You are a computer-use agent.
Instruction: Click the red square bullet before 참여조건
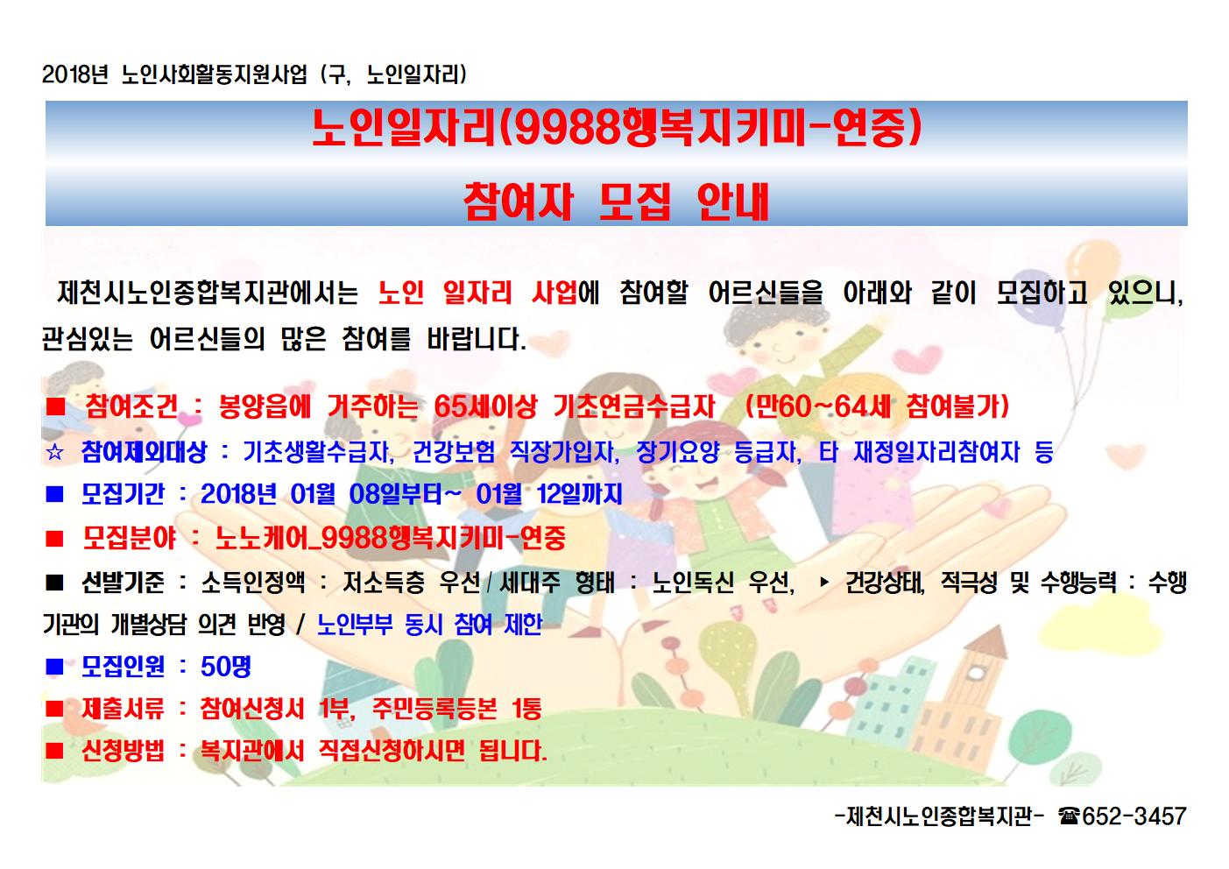pos(55,407)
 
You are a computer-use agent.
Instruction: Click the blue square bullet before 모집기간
pos(55,494)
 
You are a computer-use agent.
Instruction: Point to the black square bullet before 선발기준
pos(55,582)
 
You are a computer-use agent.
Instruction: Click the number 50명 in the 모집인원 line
pos(225,667)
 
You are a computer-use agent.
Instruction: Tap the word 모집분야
pos(129,538)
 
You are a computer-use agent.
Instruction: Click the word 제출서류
pos(123,709)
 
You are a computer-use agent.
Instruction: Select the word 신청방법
pos(123,750)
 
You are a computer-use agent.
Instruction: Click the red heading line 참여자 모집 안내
pos(616,201)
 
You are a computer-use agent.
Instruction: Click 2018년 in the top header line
pos(74,74)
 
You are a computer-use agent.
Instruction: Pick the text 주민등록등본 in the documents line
pos(434,709)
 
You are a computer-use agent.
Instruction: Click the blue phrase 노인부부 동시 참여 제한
pos(429,625)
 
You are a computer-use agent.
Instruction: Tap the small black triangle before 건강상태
pos(823,582)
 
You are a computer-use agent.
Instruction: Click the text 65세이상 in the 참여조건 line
pos(485,407)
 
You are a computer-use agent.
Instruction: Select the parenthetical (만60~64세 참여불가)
pos(877,407)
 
